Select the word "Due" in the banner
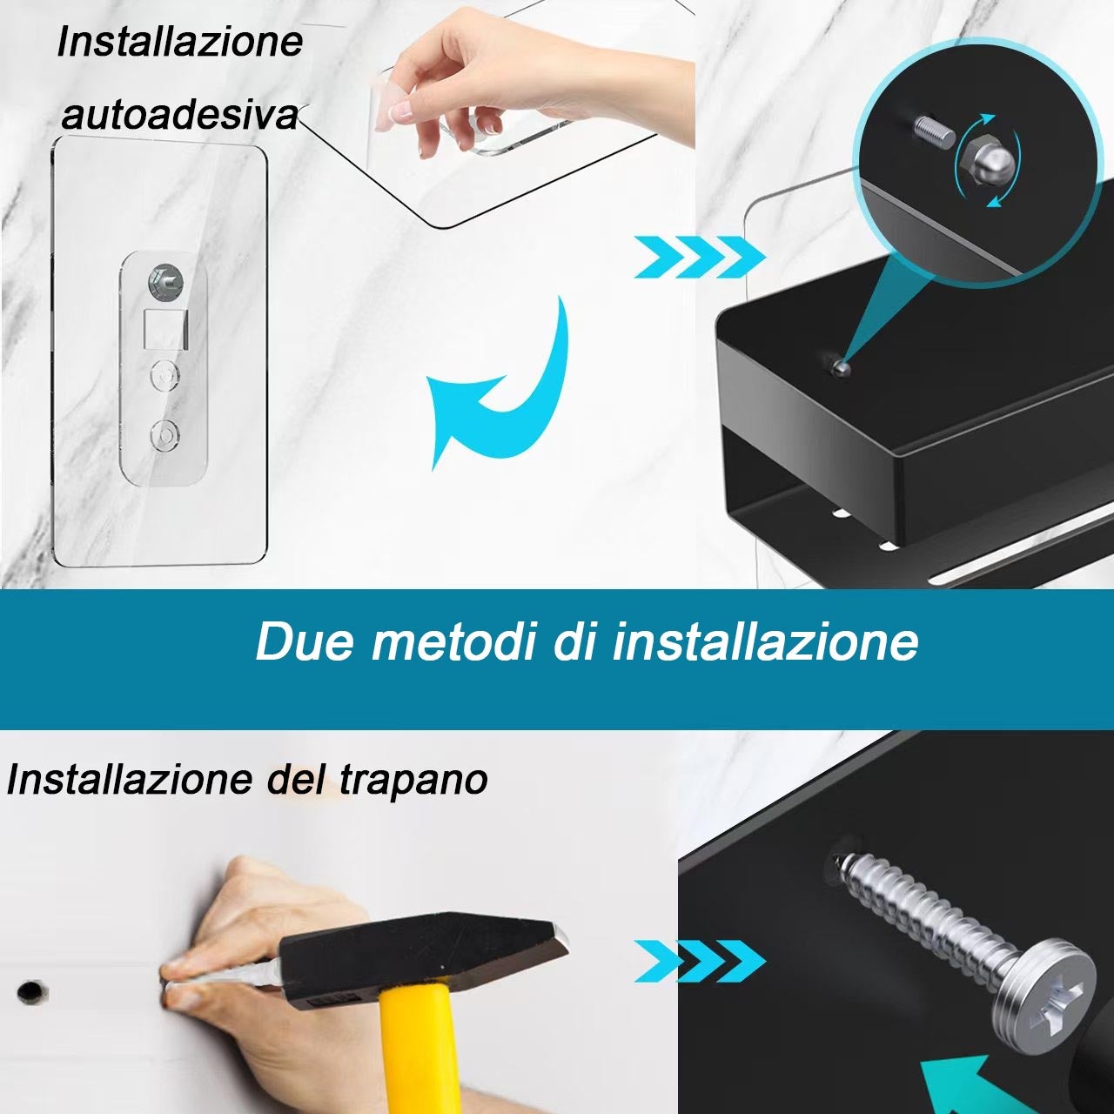pyautogui.click(x=304, y=641)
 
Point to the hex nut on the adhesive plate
pyautogui.click(x=165, y=283)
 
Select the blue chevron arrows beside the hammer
pyautogui.click(x=700, y=961)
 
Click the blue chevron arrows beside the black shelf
pyautogui.click(x=700, y=257)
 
